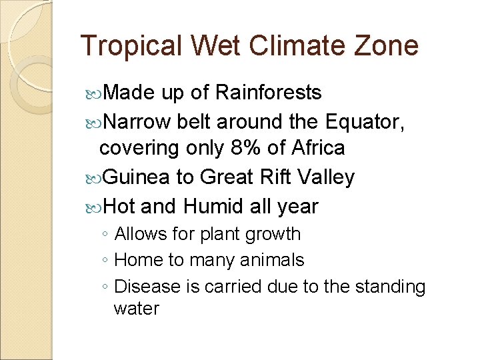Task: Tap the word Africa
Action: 314,147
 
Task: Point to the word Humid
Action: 213,207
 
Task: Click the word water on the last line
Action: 137,309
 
